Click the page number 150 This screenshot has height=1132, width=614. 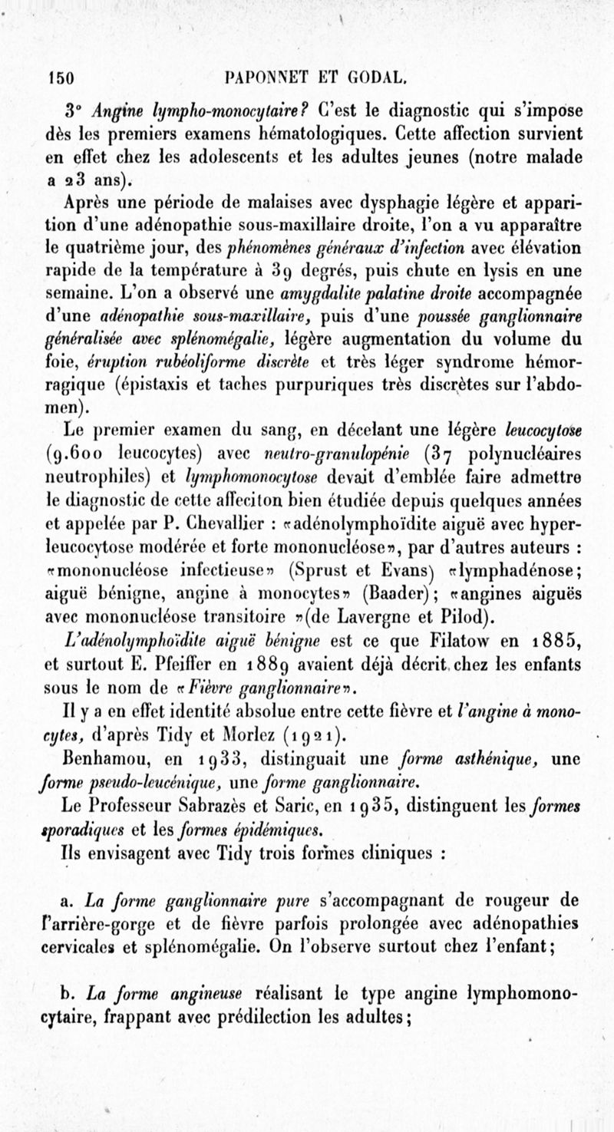pos(60,77)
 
